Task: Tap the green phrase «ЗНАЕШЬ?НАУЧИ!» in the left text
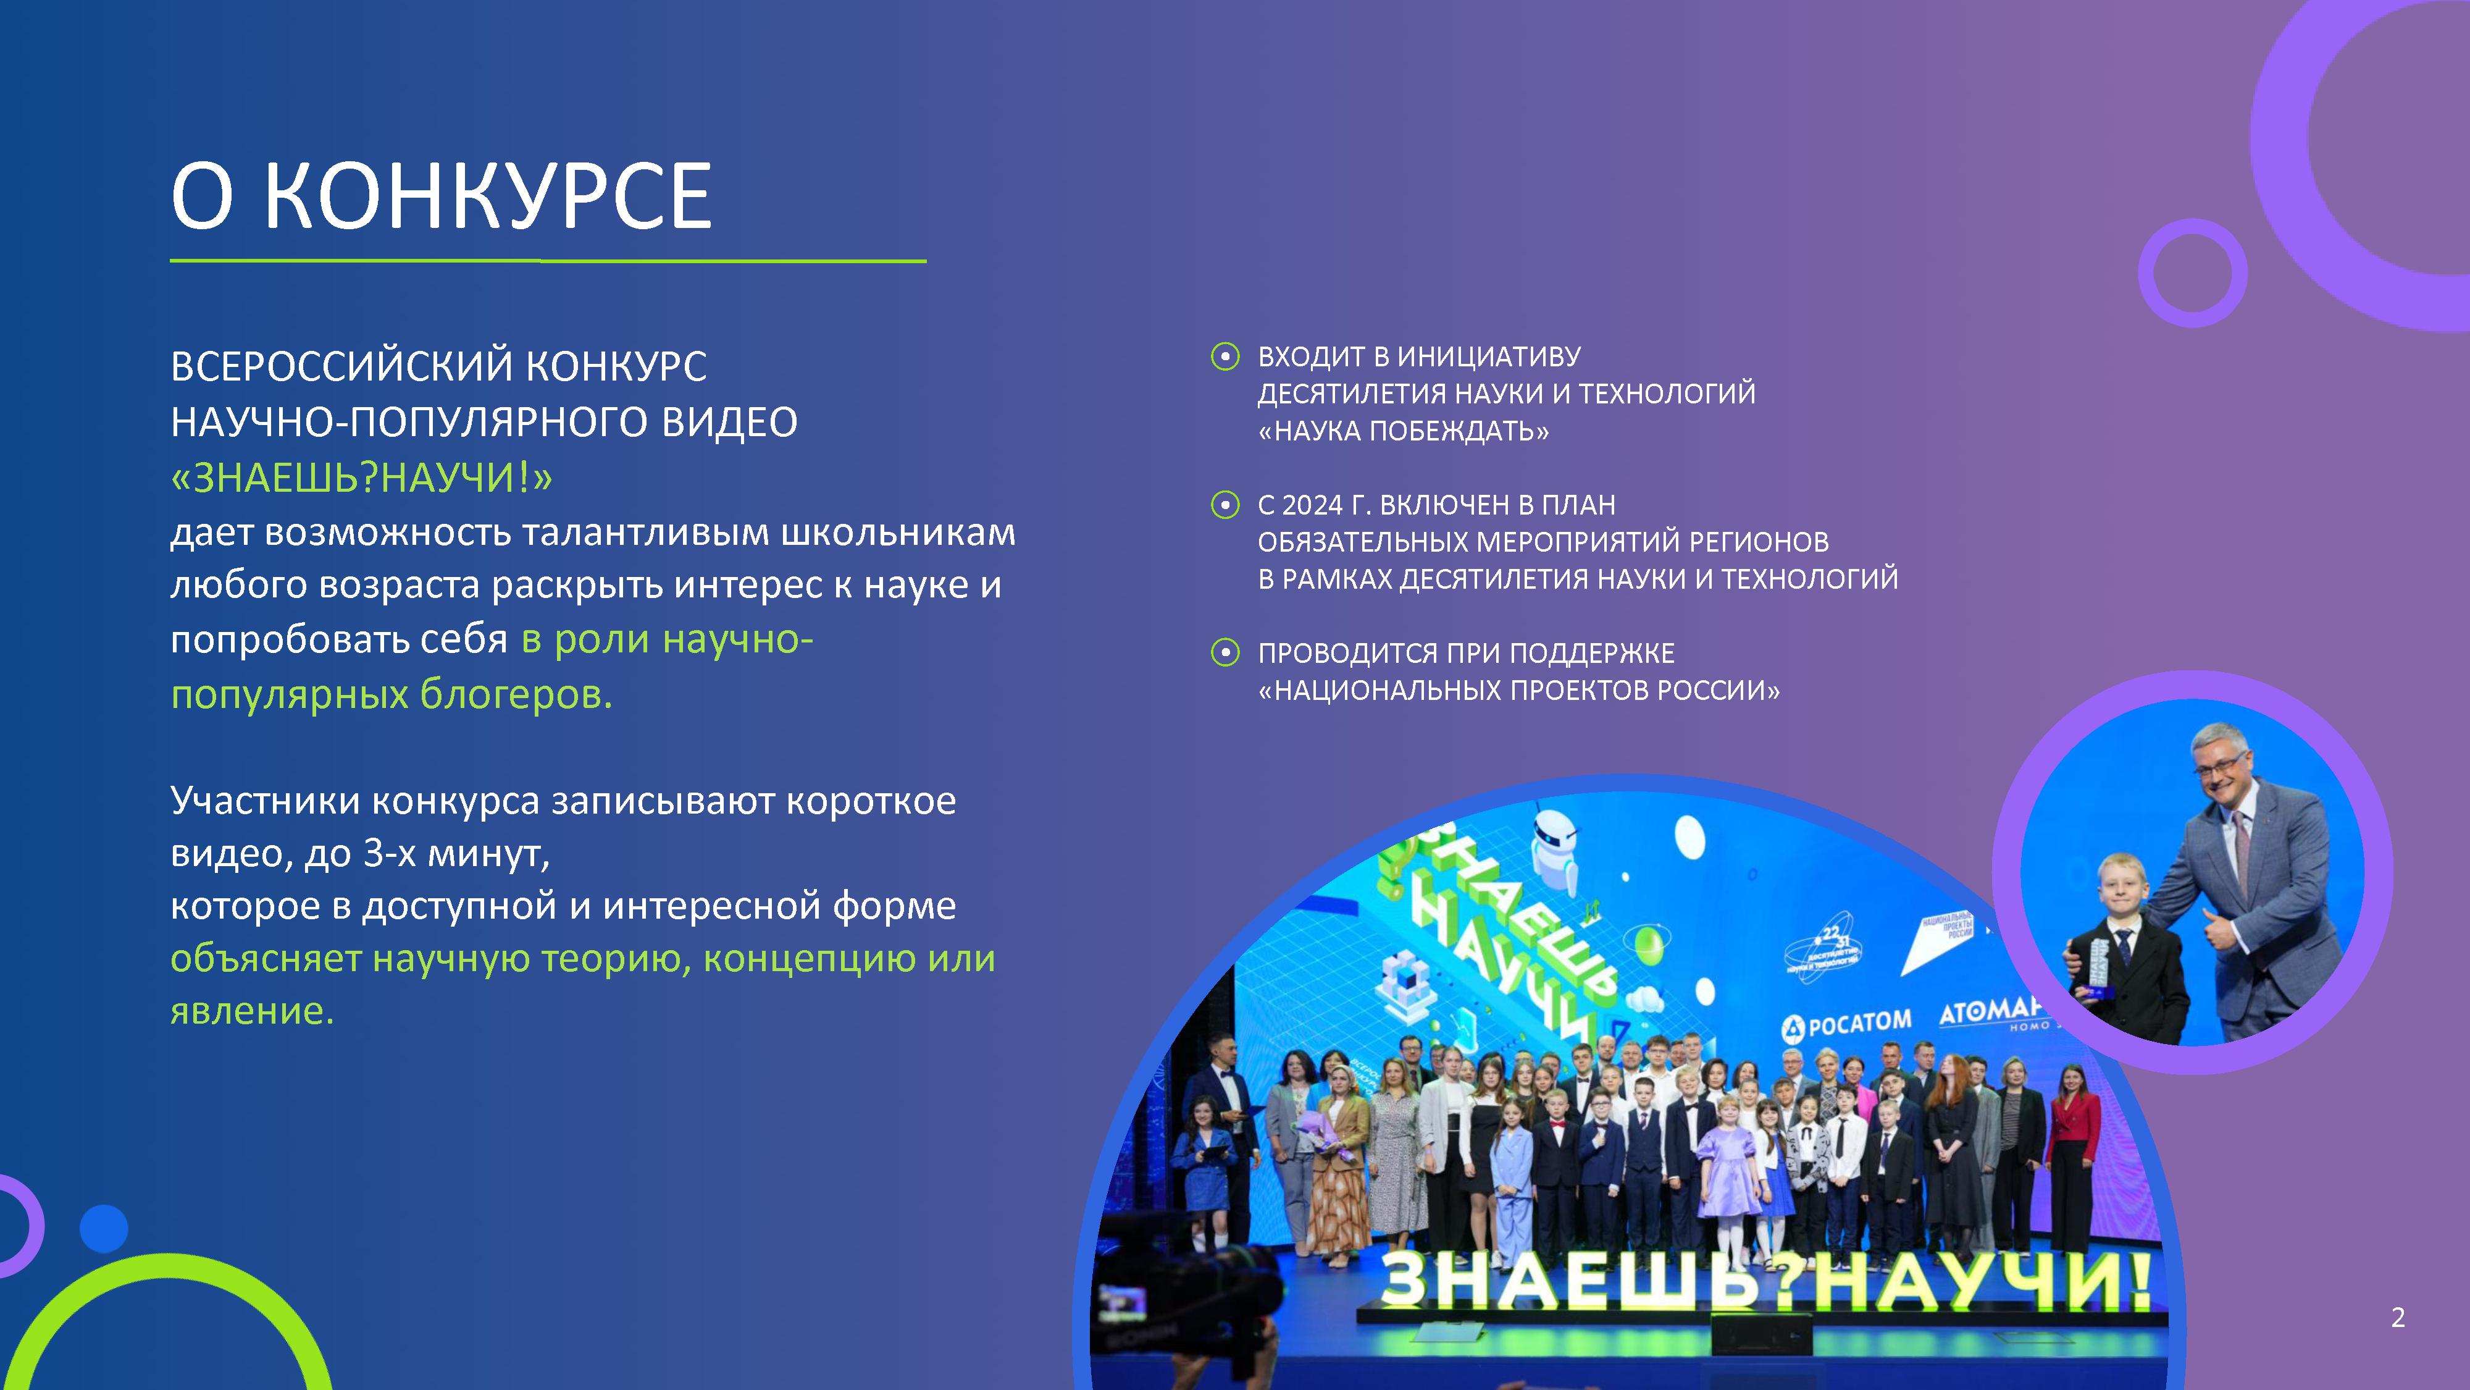(361, 477)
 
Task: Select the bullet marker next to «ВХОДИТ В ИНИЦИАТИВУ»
(1225, 357)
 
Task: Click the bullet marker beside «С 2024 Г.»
(1225, 505)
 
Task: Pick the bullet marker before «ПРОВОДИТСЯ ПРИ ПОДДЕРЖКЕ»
(1225, 653)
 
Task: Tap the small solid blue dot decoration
(104, 1228)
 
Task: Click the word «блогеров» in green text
(516, 694)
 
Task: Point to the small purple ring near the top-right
(2193, 274)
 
